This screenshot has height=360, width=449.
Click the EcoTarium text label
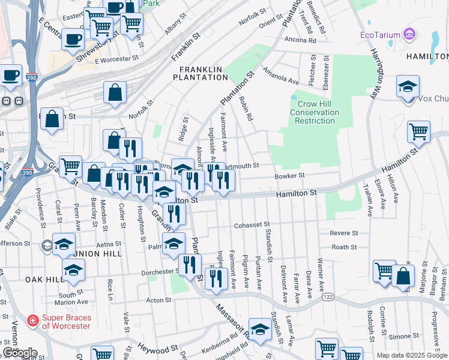379,34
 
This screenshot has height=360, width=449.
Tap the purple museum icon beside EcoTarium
410,34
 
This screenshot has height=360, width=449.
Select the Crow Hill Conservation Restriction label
315,112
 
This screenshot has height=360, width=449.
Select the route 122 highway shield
328,296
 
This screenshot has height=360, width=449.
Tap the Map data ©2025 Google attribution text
411,355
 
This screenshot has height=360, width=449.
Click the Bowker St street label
290,176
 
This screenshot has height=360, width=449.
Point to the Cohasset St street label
249,226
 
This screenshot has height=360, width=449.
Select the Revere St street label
344,233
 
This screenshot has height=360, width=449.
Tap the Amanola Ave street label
283,80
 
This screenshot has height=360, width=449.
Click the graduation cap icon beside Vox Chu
408,86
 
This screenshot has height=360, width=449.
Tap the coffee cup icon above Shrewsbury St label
73,39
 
